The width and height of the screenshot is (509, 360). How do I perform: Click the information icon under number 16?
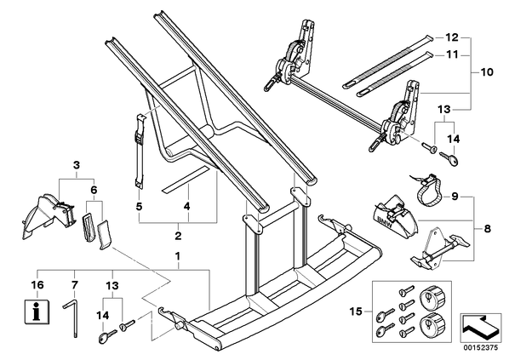point(37,311)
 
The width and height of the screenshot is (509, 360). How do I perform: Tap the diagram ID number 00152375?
point(480,348)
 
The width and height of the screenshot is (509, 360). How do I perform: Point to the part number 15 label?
point(356,311)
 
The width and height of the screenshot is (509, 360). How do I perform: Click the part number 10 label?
point(487,71)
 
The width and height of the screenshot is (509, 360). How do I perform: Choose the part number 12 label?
point(451,37)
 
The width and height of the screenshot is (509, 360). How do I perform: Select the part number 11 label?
point(451,54)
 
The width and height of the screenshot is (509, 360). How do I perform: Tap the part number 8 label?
point(487,229)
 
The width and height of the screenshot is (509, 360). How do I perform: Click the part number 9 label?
point(455,197)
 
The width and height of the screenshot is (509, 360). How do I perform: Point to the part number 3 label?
point(77,165)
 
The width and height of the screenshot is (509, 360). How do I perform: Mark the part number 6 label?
point(94,190)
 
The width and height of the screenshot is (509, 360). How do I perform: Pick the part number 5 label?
point(139,207)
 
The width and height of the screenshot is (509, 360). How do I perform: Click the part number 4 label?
point(186,207)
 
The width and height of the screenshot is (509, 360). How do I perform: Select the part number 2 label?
point(178,236)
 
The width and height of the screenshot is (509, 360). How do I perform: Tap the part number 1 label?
point(178,256)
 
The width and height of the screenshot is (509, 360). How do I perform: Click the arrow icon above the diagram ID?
point(479,327)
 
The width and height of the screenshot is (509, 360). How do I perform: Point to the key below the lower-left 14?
point(106,336)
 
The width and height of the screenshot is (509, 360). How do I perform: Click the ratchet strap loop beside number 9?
point(427,191)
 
